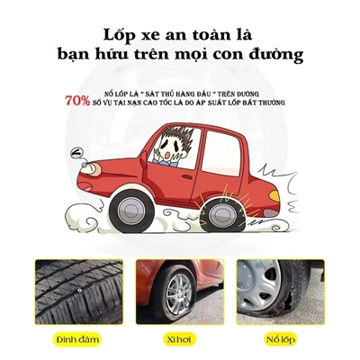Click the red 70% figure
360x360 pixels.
click(76, 101)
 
